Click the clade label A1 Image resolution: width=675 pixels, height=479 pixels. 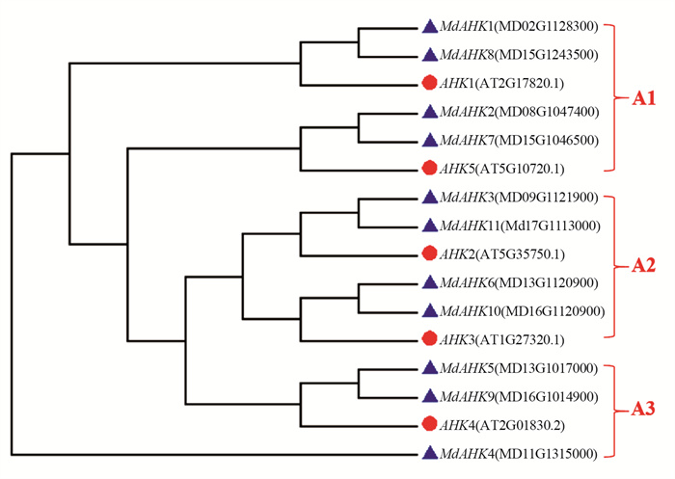pyautogui.click(x=643, y=98)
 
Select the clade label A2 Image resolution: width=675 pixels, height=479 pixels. pyautogui.click(x=643, y=266)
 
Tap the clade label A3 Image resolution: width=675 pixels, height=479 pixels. pyautogui.click(x=643, y=409)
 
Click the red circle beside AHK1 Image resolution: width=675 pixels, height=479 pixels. pyautogui.click(x=429, y=83)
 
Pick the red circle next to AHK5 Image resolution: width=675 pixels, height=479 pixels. pyautogui.click(x=429, y=168)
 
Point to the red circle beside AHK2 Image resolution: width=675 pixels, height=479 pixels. pyautogui.click(x=429, y=253)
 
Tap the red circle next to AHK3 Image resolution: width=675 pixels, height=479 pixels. pyautogui.click(x=429, y=338)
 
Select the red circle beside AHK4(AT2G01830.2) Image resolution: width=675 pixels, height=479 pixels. pyautogui.click(x=429, y=424)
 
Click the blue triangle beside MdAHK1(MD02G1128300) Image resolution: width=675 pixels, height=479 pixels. pyautogui.click(x=430, y=27)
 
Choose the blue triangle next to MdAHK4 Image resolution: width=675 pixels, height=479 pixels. pyautogui.click(x=430, y=453)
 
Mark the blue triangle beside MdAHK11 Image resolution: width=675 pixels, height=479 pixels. pyautogui.click(x=430, y=226)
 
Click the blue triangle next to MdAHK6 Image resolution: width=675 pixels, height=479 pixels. pyautogui.click(x=430, y=282)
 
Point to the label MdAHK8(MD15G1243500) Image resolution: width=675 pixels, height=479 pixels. pyautogui.click(x=519, y=55)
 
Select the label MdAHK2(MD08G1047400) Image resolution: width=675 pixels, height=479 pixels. pyautogui.click(x=519, y=112)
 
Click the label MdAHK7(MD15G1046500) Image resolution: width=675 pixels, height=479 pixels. pyautogui.click(x=519, y=141)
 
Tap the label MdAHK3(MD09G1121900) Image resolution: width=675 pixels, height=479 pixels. pyautogui.click(x=519, y=198)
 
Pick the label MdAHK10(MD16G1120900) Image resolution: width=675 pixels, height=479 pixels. pyautogui.click(x=523, y=310)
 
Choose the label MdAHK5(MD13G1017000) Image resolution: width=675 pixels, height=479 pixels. pyautogui.click(x=519, y=368)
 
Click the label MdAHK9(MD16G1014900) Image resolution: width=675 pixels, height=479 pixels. pyautogui.click(x=519, y=396)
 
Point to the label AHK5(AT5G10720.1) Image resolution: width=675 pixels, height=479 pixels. pyautogui.click(x=502, y=169)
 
